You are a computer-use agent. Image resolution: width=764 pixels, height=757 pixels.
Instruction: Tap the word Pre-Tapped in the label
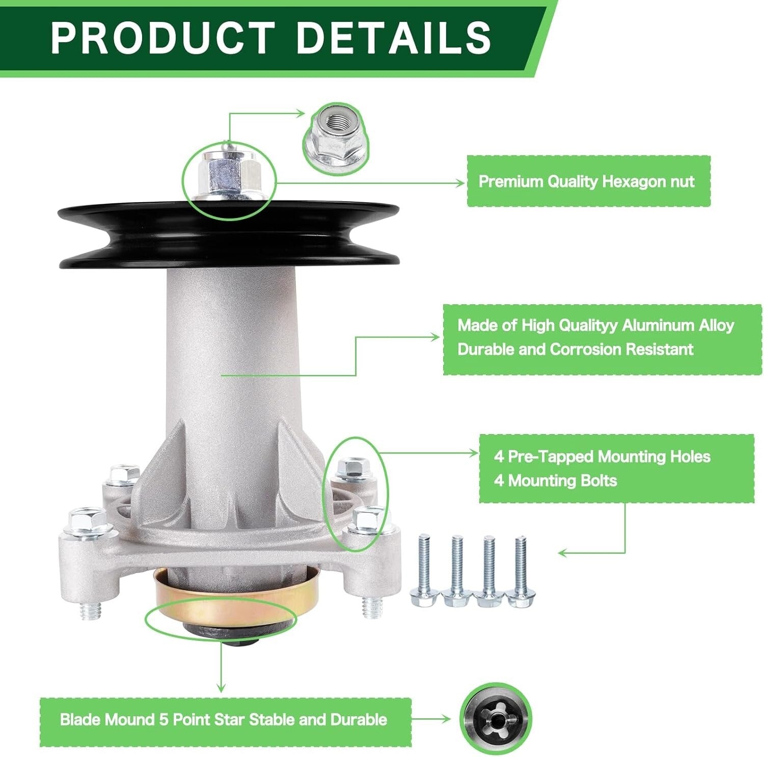(550, 456)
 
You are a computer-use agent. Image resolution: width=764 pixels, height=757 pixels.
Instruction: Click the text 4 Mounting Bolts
(555, 480)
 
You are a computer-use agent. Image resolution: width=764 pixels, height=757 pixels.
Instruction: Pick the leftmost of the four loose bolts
(425, 571)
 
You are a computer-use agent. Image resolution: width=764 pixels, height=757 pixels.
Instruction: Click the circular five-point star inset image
(495, 719)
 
